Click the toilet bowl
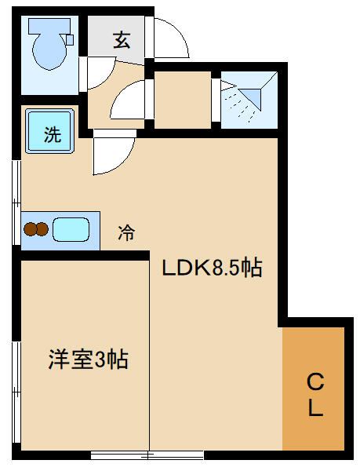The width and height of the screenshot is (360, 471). [49, 52]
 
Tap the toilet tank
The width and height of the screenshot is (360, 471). [49, 26]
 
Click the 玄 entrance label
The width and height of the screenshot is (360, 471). [122, 40]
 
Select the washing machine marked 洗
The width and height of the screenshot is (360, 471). [49, 131]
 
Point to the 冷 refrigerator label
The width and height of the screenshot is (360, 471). [126, 233]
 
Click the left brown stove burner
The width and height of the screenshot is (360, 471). [30, 229]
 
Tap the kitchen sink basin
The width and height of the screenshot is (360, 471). [71, 229]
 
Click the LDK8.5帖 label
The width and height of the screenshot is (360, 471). [212, 267]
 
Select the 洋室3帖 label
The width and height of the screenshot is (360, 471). [88, 359]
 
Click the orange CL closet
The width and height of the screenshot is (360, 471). [313, 389]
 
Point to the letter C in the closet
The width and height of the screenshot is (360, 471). [315, 382]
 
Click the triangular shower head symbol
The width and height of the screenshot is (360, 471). [249, 95]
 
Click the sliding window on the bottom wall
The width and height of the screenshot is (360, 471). [147, 455]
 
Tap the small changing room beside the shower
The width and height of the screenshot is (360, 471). [183, 100]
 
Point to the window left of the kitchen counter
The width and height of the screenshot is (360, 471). [16, 203]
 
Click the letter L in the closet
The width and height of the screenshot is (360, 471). [315, 407]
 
